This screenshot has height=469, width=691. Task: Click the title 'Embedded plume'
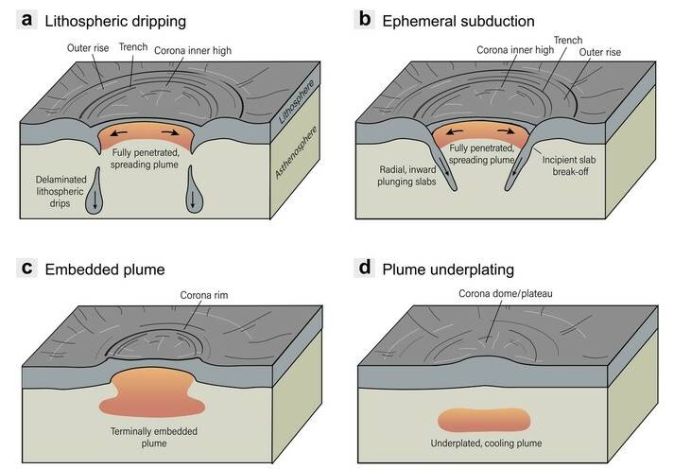(105, 269)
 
